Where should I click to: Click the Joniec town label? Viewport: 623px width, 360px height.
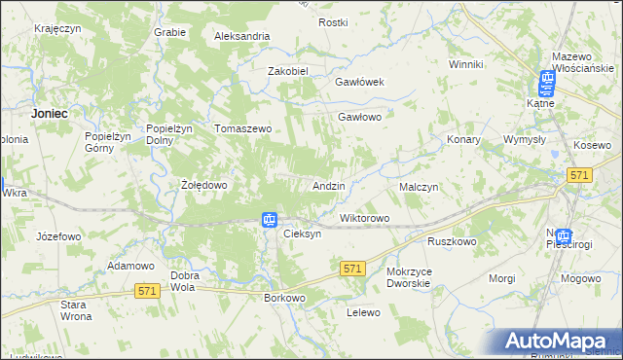(49, 113)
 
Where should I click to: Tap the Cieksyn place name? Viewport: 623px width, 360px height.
(301, 234)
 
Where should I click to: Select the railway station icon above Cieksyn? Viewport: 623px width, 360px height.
(270, 220)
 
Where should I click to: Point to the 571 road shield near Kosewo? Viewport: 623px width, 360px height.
(580, 174)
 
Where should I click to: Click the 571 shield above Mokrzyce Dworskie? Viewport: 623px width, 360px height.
(353, 268)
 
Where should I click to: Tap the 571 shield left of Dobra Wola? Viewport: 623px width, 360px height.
(147, 291)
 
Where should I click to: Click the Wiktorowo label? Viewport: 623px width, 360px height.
(364, 218)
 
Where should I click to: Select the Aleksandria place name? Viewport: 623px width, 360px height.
(242, 36)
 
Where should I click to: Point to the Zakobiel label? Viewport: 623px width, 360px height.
(288, 71)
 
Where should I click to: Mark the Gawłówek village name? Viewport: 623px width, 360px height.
(360, 82)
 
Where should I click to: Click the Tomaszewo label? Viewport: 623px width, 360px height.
(242, 128)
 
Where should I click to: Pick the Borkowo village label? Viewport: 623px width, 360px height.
(285, 298)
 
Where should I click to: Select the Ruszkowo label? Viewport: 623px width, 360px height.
(451, 241)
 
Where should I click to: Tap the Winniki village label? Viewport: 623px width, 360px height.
(466, 64)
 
